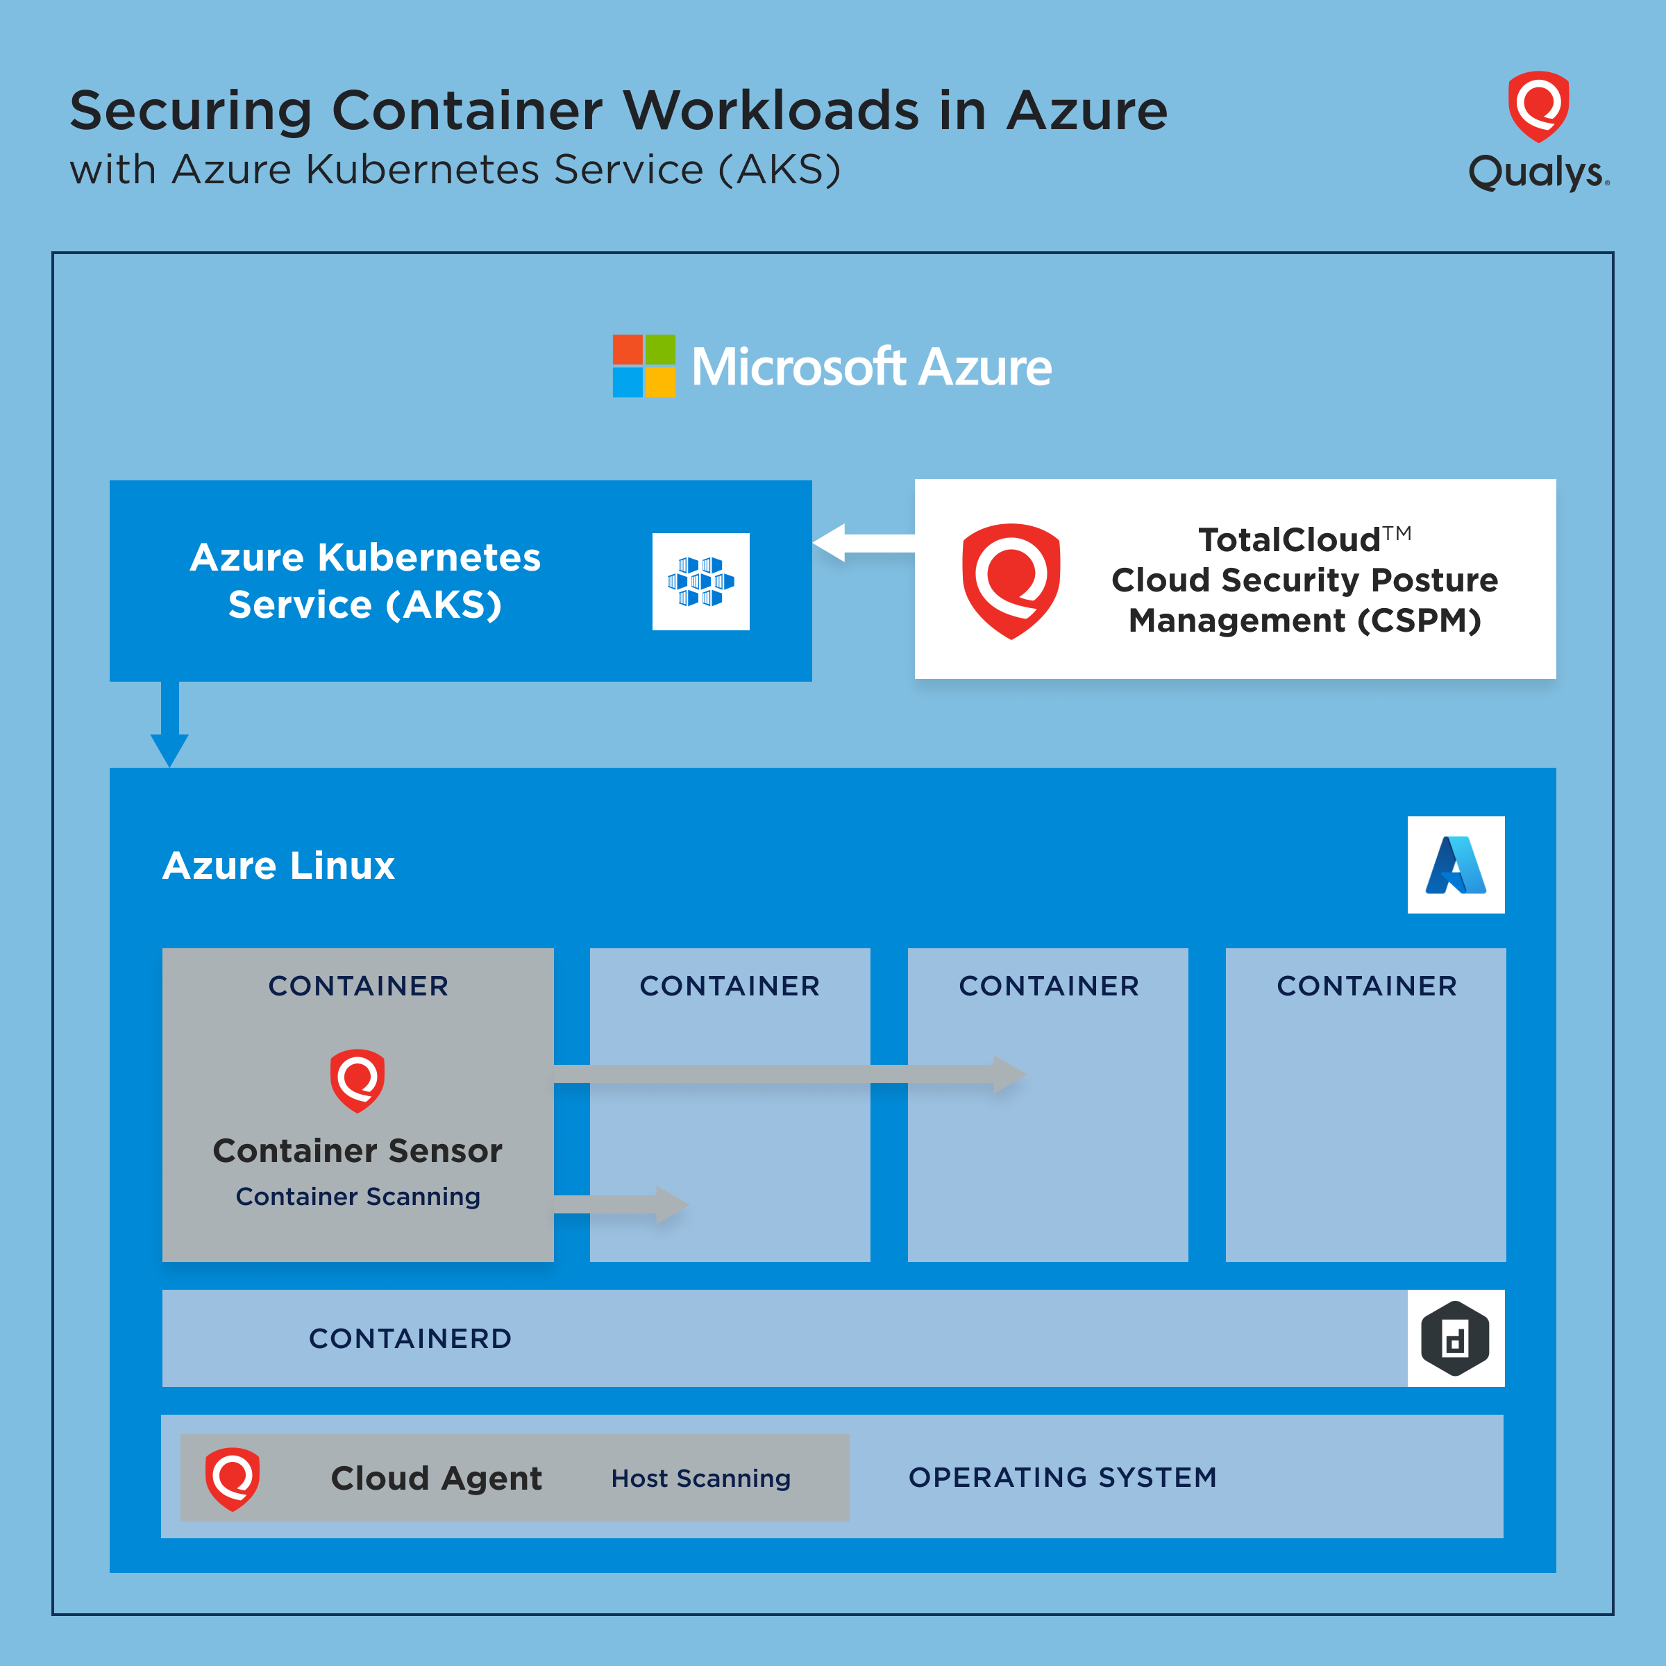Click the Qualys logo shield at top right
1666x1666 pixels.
click(1538, 106)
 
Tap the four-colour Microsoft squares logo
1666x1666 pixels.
click(643, 366)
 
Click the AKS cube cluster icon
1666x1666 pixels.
click(700, 581)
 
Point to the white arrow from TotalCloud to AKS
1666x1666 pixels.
click(862, 542)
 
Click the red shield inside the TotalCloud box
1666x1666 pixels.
click(1011, 580)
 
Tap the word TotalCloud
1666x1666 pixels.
click(1288, 540)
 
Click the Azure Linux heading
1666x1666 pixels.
click(278, 865)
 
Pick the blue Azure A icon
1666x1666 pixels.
click(1456, 865)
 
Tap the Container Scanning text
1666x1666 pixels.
click(358, 1196)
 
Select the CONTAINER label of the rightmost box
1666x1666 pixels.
click(1366, 986)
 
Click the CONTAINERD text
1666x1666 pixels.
click(410, 1338)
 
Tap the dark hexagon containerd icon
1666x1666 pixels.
click(1456, 1338)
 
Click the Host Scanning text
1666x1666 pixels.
click(700, 1478)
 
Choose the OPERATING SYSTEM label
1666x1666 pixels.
click(1062, 1477)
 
